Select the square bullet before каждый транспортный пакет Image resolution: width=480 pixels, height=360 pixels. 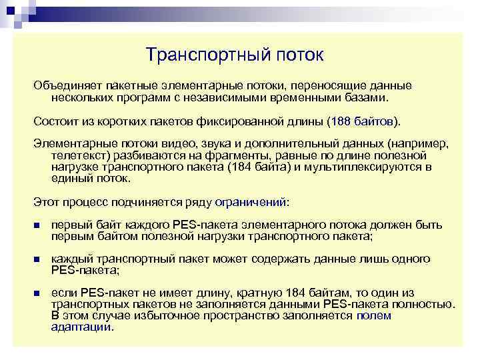coord(37,260)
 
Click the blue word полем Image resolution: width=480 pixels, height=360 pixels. coord(374,316)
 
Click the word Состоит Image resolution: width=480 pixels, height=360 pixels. coord(55,121)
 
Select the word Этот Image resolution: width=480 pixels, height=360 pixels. coord(47,201)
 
